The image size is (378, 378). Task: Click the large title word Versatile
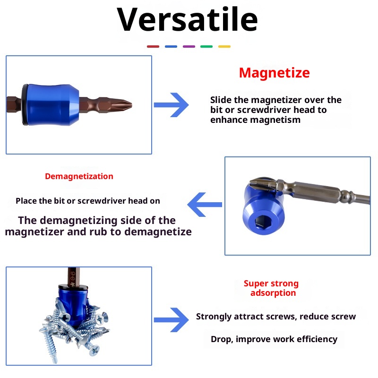pyautogui.click(x=188, y=20)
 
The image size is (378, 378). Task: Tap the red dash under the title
pyautogui.click(x=153, y=46)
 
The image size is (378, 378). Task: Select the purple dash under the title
pyautogui.click(x=189, y=46)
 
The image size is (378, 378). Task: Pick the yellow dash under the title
pyautogui.click(x=224, y=46)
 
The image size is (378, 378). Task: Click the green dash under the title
pyautogui.click(x=206, y=46)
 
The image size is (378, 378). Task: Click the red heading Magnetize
pyautogui.click(x=274, y=73)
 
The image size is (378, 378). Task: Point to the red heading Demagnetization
pyautogui.click(x=79, y=176)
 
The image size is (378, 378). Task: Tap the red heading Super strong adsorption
pyautogui.click(x=272, y=288)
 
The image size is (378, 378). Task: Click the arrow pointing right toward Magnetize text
pyautogui.click(x=171, y=105)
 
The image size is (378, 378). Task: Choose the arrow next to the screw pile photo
pyautogui.click(x=171, y=319)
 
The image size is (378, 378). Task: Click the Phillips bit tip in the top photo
pyautogui.click(x=124, y=104)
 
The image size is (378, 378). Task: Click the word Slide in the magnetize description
pyautogui.click(x=220, y=100)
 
